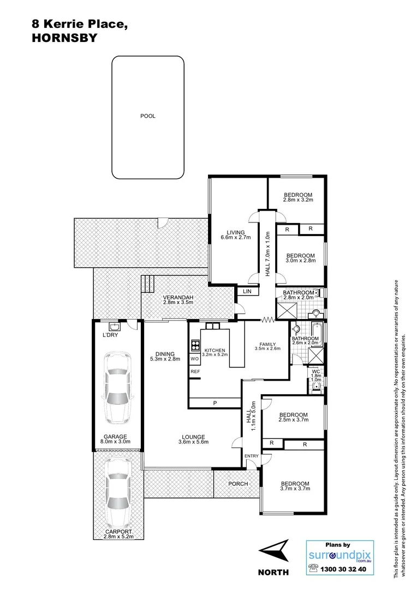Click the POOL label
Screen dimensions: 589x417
(147, 116)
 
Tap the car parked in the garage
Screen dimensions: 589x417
(117, 388)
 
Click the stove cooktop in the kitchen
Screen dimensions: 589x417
(195, 345)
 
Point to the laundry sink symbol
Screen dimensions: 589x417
(114, 327)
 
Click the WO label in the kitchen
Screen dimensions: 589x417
(194, 359)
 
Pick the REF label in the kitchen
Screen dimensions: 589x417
(195, 372)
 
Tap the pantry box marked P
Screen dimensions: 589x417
(215, 403)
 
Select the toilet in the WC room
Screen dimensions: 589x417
(316, 387)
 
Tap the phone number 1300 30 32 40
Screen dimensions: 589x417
(346, 568)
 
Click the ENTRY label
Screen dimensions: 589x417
(252, 456)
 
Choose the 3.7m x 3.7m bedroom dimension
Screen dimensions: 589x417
(295, 489)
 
